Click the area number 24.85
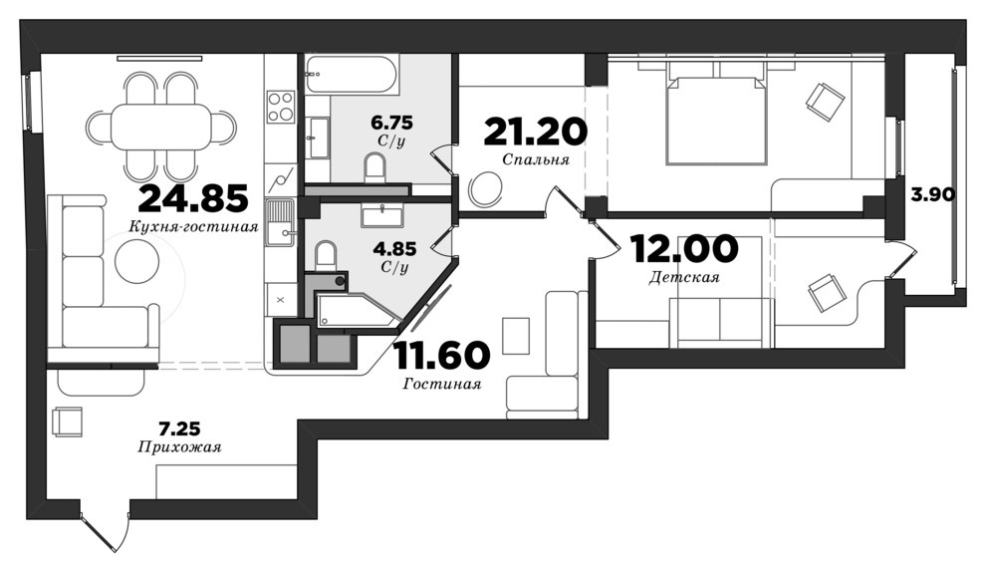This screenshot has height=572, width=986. [x=193, y=199]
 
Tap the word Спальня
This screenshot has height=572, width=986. [x=536, y=159]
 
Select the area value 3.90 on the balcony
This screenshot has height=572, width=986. [x=933, y=194]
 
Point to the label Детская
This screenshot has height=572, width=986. [x=684, y=277]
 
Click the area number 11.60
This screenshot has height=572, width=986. [x=441, y=355]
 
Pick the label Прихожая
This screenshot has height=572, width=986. [x=179, y=447]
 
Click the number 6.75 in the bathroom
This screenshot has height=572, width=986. [x=391, y=122]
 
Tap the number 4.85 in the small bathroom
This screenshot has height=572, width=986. [x=394, y=249]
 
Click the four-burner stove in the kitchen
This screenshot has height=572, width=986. [x=281, y=107]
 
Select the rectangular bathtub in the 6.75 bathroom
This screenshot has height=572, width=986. [x=351, y=75]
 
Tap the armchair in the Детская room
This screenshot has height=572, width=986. [x=827, y=293]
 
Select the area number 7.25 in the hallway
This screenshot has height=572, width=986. [x=179, y=429]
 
